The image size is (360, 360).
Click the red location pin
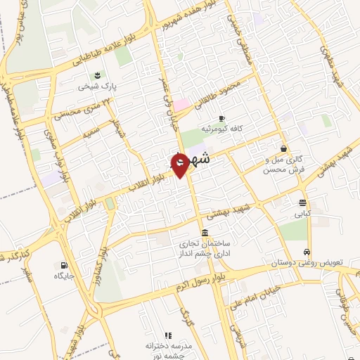click(x=179, y=164)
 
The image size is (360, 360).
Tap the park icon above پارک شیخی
click(x=96, y=75)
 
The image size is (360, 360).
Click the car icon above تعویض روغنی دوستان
click(x=307, y=252)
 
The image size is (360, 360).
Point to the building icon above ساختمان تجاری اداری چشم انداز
click(x=204, y=233)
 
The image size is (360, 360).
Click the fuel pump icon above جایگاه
click(x=65, y=265)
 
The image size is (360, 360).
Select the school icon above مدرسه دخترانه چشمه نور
click(x=167, y=335)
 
